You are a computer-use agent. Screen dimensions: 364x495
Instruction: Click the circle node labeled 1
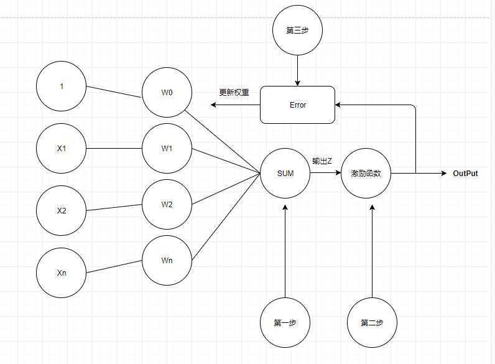coord(62,86)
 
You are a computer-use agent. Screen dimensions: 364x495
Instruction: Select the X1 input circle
coord(62,149)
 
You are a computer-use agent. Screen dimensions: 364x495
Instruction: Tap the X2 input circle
coord(62,210)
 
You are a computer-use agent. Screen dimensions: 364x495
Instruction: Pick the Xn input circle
coord(62,273)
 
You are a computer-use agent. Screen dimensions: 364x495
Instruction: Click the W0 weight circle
coord(167,93)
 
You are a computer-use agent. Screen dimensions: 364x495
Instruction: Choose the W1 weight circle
coord(167,149)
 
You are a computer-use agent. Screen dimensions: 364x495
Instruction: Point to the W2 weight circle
coord(167,204)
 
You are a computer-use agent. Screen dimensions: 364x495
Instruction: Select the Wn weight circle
coord(167,260)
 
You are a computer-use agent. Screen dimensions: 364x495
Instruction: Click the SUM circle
coord(285,174)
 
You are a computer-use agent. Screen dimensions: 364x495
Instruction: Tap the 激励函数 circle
coord(366,174)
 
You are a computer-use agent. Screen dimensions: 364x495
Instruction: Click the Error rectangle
coord(297,105)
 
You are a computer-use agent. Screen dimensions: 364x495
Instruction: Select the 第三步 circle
coord(297,30)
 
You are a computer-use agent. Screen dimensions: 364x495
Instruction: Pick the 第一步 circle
coord(285,322)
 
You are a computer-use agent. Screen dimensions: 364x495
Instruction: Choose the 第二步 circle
coord(372,322)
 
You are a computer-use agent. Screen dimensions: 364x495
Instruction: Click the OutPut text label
coord(465,174)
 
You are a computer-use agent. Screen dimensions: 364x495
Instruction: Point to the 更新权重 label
coord(234,93)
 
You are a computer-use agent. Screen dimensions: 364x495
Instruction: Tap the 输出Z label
coord(322,161)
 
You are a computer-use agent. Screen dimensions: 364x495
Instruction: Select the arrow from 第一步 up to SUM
coord(285,249)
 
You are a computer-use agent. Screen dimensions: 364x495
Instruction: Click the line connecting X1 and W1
coord(114,149)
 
